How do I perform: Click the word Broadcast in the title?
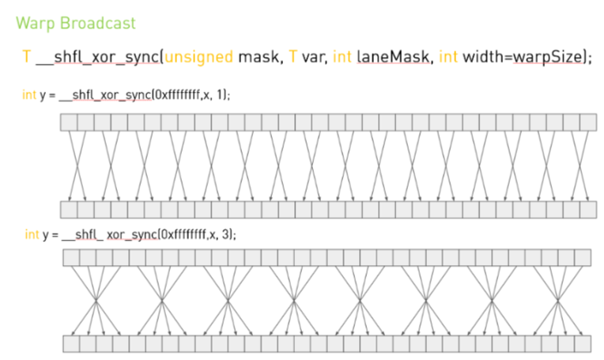pos(97,23)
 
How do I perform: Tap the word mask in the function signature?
pos(259,58)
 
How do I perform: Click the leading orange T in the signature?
pos(27,58)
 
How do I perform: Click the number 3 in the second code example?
pos(228,235)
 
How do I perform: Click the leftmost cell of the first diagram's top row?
pos(69,122)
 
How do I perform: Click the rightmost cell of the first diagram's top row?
pos(588,122)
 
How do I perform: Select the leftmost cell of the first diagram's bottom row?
pos(69,210)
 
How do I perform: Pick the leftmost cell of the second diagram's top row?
pos(70,258)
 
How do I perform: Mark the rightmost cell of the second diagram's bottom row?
pos(583,344)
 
